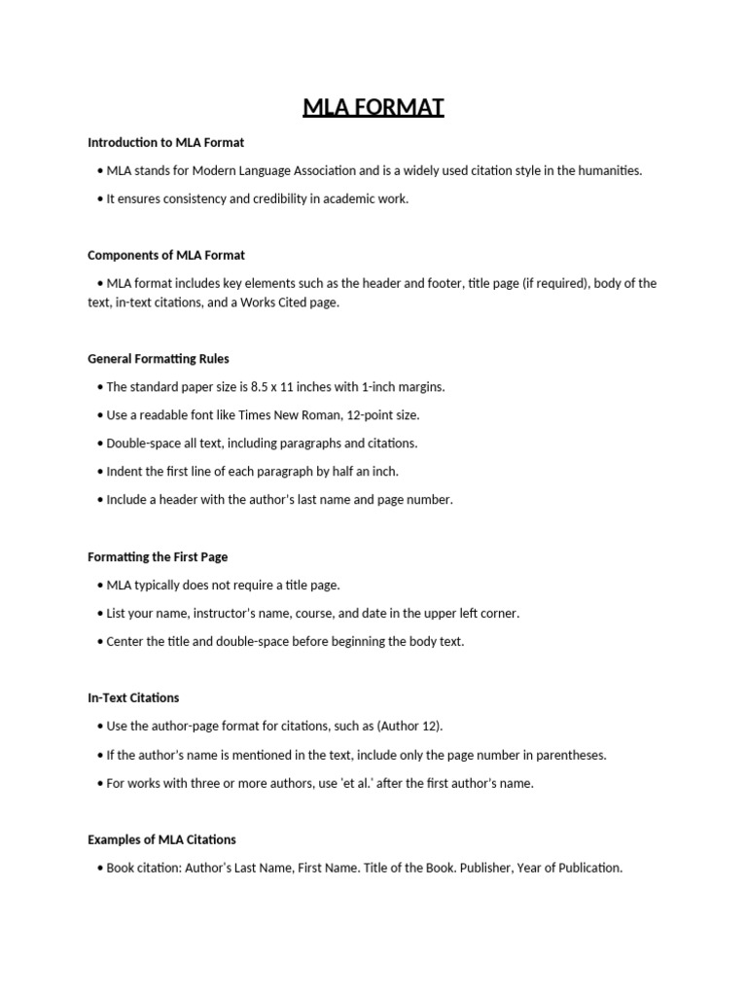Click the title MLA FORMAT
pos(373,106)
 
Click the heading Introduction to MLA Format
pos(165,142)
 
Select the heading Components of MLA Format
pos(166,255)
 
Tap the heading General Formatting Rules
pos(159,359)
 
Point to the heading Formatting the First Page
pos(158,557)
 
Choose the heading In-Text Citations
pos(133,697)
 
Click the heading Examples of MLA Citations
pos(161,839)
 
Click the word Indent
pos(125,472)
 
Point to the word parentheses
pos(572,755)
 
